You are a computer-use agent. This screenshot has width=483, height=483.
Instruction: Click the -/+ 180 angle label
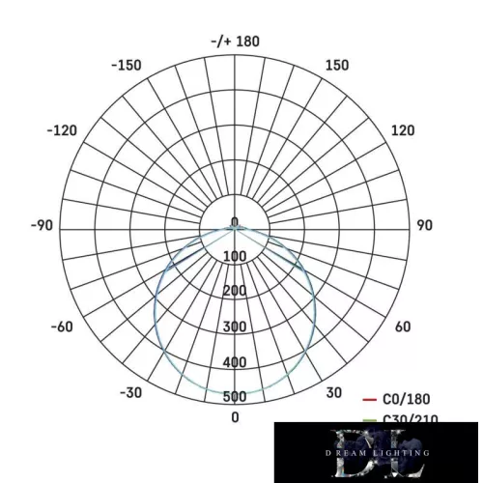pos(235,42)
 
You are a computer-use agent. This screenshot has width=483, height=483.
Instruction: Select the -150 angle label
pos(127,66)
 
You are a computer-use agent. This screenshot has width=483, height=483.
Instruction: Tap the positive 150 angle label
pos(337,66)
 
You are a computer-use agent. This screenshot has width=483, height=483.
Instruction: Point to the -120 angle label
pos(63,131)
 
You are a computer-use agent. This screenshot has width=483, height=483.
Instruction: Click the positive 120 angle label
pos(403,131)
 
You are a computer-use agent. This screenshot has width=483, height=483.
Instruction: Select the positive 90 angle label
pos(424,226)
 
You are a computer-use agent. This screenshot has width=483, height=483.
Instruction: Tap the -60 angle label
pos(61,327)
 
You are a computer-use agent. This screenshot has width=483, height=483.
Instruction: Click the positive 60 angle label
pos(403,327)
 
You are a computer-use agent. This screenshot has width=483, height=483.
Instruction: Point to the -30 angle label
pos(130,392)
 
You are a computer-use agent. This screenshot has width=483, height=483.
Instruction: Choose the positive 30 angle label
pos(333,392)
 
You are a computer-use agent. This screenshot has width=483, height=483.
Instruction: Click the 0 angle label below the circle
pos(235,417)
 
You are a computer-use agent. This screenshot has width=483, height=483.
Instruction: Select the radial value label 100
pos(235,256)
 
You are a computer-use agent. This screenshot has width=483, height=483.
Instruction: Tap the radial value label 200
pos(235,292)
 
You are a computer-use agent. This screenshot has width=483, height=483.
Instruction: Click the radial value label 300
pos(235,327)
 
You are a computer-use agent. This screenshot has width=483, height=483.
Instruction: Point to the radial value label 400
pos(235,362)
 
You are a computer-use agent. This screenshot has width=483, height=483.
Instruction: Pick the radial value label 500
pos(235,397)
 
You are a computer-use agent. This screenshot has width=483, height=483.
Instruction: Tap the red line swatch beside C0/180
pos(368,399)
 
